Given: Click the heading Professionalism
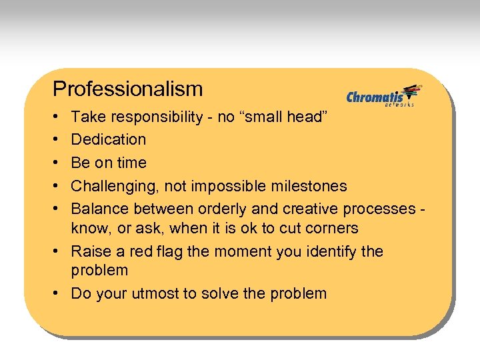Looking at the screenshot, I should [127, 89].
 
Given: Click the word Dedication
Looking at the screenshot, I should [109, 139].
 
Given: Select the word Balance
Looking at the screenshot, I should [100, 209].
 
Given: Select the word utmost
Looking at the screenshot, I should [167, 293].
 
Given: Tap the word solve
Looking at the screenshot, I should [227, 293].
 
